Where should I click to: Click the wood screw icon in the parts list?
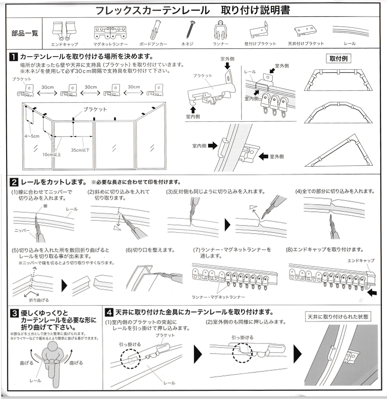point(190,29)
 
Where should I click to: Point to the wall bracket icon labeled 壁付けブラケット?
point(260,30)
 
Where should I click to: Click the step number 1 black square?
point(14,57)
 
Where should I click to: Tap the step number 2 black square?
point(14,183)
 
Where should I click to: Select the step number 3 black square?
point(14,313)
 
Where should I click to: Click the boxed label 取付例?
point(339,59)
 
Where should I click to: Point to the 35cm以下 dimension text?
point(80,150)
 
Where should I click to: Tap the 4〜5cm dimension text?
point(32,136)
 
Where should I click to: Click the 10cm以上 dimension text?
point(52,154)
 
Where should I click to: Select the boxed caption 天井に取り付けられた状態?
point(338,316)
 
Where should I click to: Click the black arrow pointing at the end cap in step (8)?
point(372,292)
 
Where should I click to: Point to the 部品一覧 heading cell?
point(25,34)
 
